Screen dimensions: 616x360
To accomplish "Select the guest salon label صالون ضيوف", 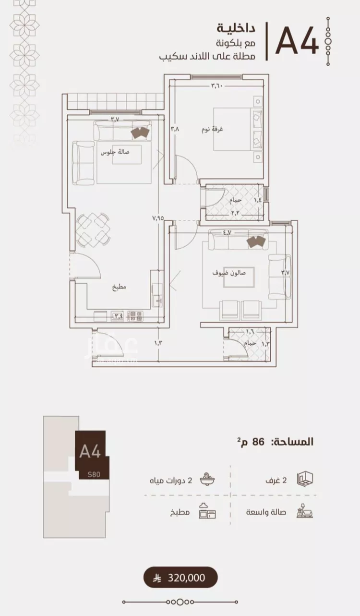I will pos(229,272).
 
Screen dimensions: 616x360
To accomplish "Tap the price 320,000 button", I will pos(181,578).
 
